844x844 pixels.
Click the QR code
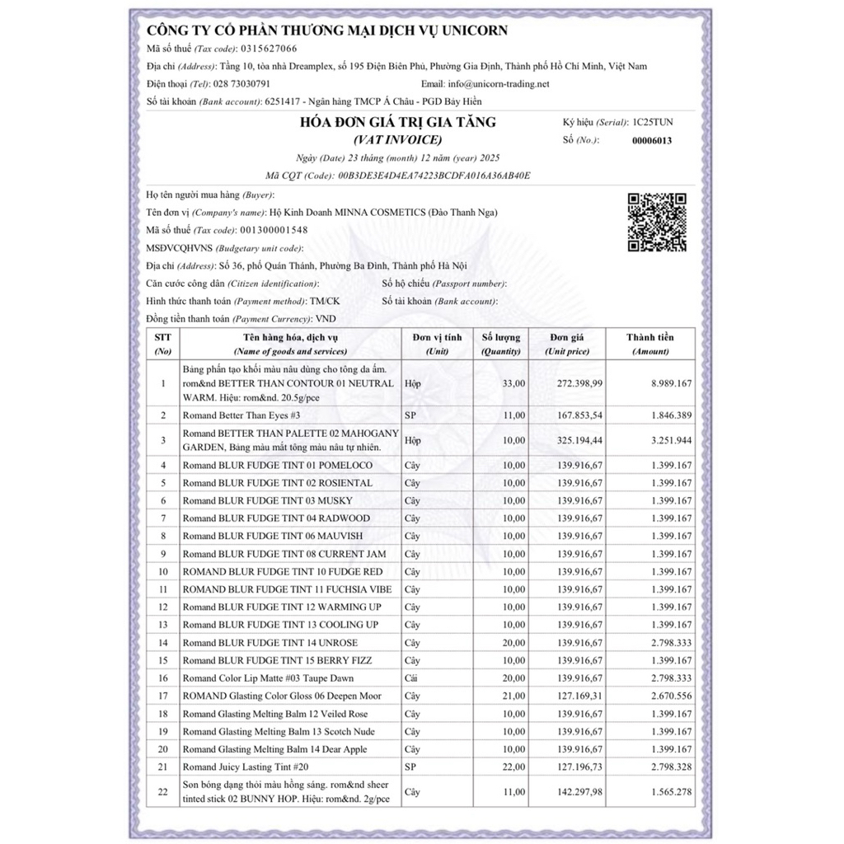point(657,221)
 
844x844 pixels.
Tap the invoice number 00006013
point(652,140)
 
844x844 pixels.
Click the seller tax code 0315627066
point(268,49)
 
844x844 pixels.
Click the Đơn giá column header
point(567,344)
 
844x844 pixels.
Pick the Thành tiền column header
point(649,344)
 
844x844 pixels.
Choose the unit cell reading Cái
point(412,678)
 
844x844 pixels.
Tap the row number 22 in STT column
point(163,793)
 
